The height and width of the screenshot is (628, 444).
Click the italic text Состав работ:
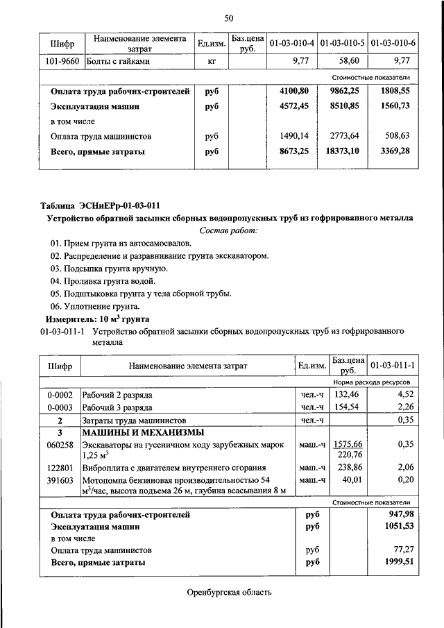pos(228,230)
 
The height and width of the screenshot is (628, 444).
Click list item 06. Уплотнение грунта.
pos(95,306)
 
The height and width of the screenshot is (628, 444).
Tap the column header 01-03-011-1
pos(392,365)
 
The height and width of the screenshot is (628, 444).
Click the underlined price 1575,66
pos(348,444)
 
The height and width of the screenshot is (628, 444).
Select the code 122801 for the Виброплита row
pos(60,468)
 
